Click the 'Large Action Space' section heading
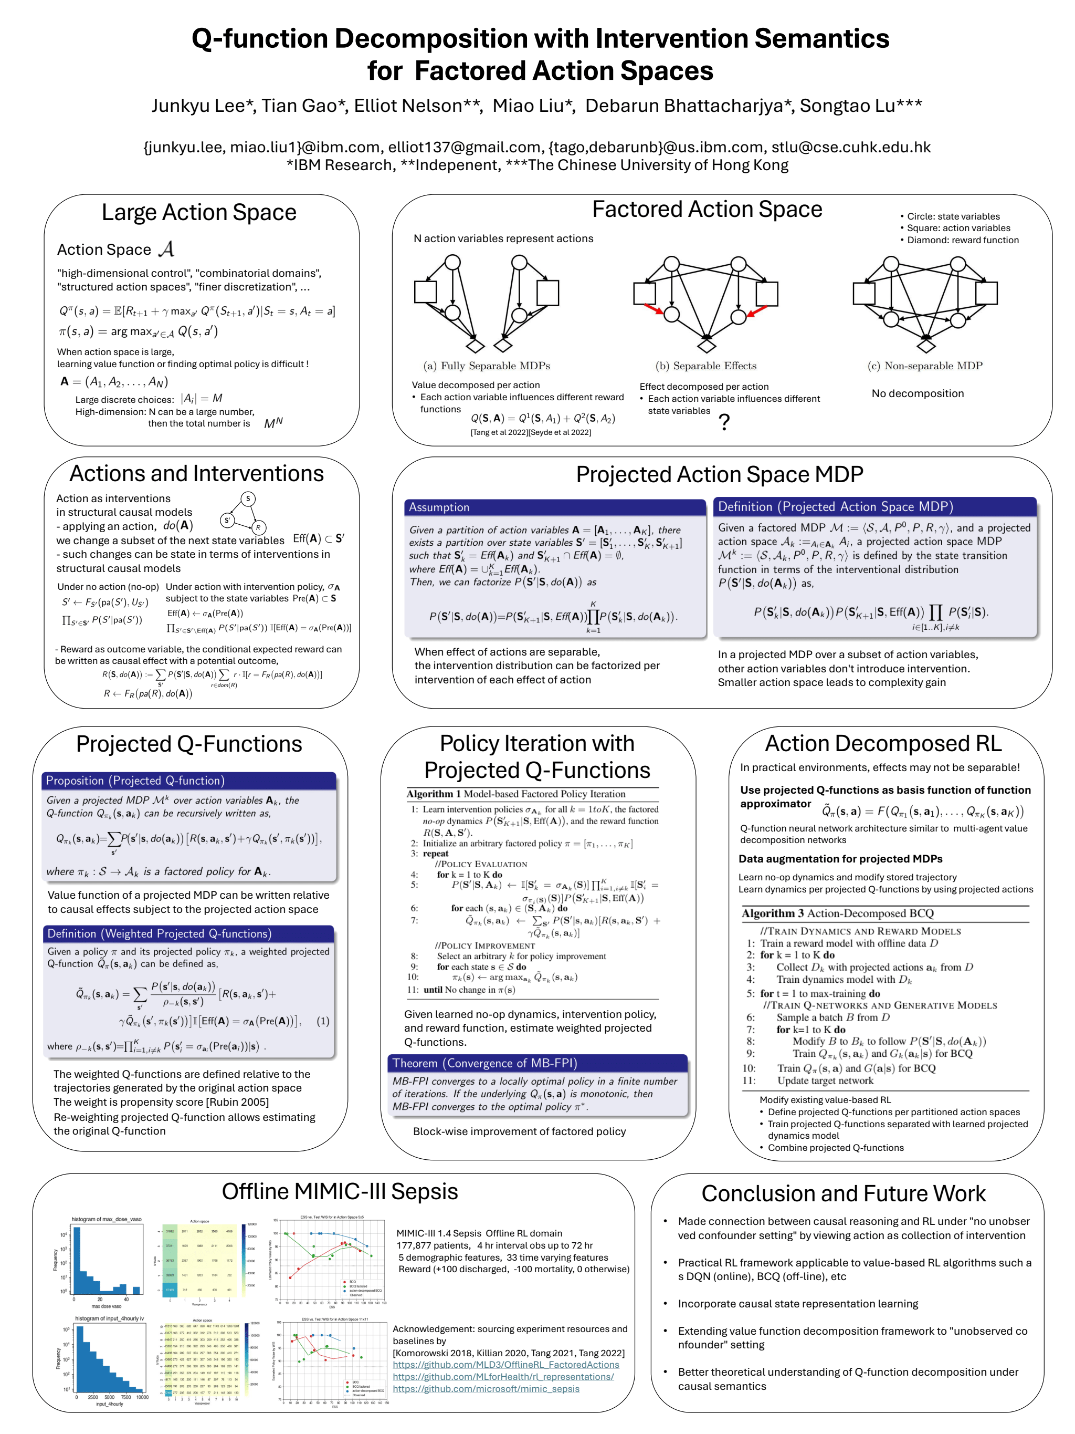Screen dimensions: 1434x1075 tap(198, 213)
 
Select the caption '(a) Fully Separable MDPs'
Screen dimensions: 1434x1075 tap(486, 366)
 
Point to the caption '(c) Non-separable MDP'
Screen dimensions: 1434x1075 tap(925, 366)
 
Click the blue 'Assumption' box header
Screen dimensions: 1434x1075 tap(439, 507)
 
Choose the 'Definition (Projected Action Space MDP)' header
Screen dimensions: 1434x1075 tap(835, 506)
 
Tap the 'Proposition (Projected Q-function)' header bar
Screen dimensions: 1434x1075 tap(135, 781)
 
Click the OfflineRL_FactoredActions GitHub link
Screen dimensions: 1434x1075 tap(505, 1365)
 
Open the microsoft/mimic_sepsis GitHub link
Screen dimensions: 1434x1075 tap(486, 1389)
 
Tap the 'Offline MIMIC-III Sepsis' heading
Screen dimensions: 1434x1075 tap(340, 1191)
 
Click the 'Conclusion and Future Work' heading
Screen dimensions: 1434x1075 tap(843, 1193)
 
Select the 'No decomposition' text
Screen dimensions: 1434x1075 tap(917, 393)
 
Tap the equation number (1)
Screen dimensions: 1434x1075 tap(323, 1021)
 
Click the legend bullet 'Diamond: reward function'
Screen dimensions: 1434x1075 tap(962, 240)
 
